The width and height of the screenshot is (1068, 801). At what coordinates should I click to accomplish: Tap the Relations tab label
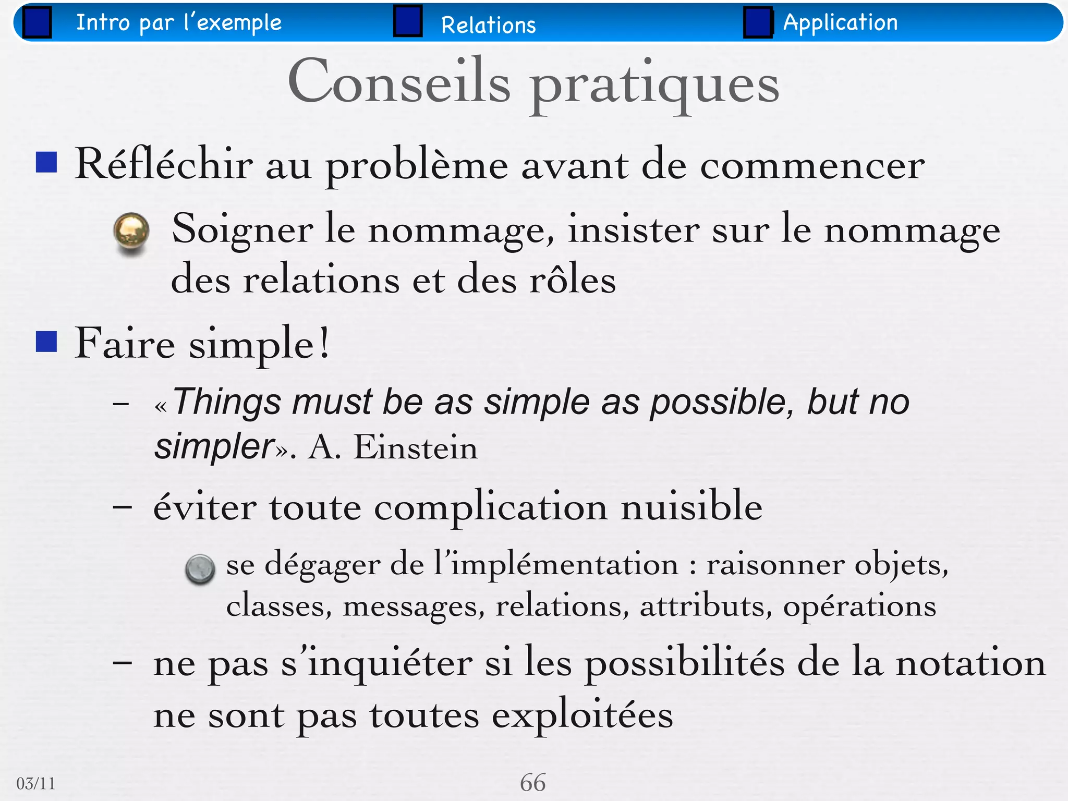pos(488,25)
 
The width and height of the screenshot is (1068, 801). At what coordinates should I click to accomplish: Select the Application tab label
pos(840,22)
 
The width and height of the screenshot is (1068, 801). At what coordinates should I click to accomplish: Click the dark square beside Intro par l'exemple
pos(37,22)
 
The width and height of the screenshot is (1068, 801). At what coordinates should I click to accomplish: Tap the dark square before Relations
pos(408,21)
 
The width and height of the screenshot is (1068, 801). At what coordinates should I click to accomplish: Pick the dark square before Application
pos(758,22)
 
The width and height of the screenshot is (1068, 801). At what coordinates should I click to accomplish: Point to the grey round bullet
pos(200,568)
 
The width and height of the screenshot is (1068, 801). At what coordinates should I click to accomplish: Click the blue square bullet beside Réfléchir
pos(46,162)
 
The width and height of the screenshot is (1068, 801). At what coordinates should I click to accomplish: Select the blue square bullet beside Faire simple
pos(46,342)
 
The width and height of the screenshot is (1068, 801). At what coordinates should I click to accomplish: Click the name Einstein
pos(416,447)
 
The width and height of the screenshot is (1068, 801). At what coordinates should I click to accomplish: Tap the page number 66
pos(532,783)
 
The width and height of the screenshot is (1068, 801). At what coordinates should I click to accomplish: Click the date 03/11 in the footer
pos(35,783)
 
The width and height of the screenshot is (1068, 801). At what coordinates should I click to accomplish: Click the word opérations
pos(859,606)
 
